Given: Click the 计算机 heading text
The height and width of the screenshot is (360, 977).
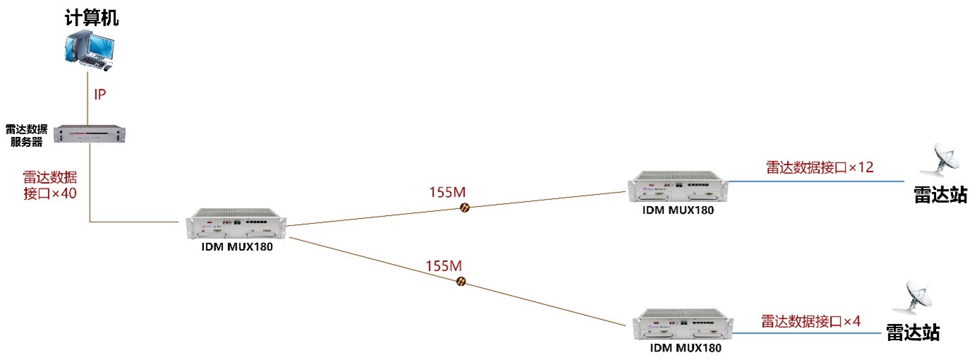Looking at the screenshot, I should pos(88,18).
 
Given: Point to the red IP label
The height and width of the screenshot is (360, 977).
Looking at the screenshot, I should pos(100,95).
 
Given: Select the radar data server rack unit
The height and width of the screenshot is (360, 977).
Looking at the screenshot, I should pos(90,133).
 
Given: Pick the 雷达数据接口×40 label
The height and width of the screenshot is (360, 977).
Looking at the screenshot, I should pos(49,185).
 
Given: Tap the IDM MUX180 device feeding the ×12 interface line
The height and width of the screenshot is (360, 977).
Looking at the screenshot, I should pos(678,186).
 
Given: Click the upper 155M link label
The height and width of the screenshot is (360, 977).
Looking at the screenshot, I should pos(448,191).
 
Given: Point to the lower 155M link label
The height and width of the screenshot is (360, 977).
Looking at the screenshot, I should pos(444,266).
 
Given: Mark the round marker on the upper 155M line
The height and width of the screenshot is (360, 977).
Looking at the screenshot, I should pos(465,208).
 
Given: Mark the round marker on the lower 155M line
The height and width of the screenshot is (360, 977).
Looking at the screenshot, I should pos(461,282).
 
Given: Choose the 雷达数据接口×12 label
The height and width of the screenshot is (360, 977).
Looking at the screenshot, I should pos(820,167).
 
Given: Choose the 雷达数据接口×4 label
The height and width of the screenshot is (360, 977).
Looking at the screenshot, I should pos(810,320).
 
